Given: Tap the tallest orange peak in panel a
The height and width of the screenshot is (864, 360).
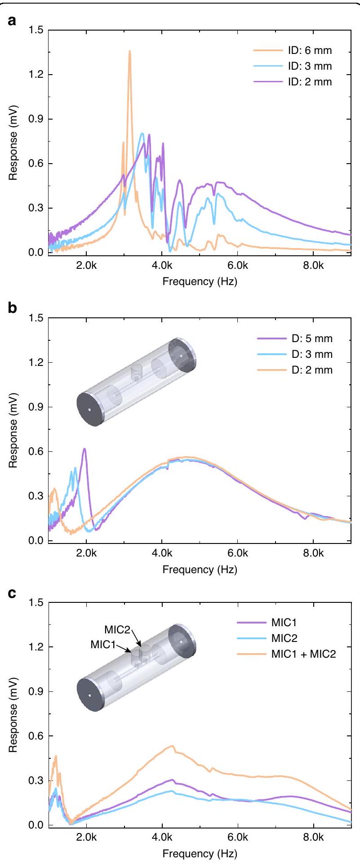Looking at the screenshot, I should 130,51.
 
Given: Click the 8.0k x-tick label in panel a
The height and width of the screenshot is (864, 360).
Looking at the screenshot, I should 313,266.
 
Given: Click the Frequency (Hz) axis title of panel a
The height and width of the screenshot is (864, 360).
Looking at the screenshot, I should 200,282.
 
